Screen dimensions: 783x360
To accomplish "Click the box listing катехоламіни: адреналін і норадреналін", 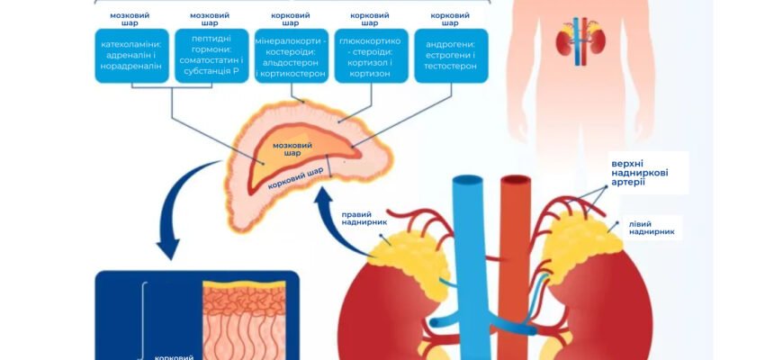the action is pos(131,56).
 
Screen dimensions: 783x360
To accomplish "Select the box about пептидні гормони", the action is pos(211,56).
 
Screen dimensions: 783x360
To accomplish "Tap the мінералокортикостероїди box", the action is pos(292,56).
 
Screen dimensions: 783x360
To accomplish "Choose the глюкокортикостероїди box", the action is pos(372,56).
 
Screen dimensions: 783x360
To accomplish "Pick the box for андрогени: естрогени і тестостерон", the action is pos(451,56).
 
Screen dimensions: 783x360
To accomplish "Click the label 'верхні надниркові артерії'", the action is pos(640,173).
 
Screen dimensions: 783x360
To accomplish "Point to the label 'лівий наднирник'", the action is pos(652,228).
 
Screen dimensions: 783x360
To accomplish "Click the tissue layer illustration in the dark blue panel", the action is pos(244,320).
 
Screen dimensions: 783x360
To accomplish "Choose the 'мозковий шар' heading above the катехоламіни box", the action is pos(130,19).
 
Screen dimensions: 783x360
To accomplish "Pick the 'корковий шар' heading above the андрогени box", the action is pos(450,19).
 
